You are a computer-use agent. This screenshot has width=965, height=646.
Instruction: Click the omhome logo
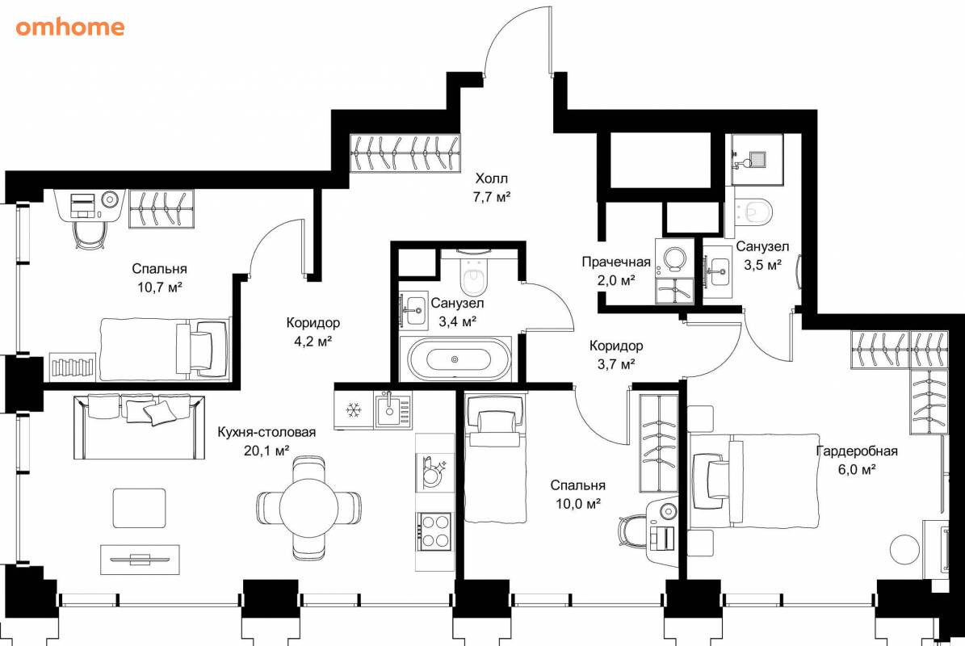pyautogui.click(x=70, y=27)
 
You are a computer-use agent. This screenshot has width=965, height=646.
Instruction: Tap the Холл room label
pyautogui.click(x=492, y=178)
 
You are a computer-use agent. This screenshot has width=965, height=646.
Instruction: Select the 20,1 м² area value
pyautogui.click(x=266, y=451)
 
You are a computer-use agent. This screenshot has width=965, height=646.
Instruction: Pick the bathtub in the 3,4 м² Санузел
pyautogui.click(x=455, y=359)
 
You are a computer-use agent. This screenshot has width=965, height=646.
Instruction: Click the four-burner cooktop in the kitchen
pyautogui.click(x=434, y=531)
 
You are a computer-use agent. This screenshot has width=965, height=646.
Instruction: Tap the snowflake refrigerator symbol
pyautogui.click(x=354, y=409)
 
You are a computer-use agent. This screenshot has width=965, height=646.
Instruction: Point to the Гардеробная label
pyautogui.click(x=857, y=451)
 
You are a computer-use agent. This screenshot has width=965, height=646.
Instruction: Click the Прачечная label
pyautogui.click(x=616, y=262)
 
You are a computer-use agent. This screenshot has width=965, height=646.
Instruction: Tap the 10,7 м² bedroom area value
pyautogui.click(x=159, y=287)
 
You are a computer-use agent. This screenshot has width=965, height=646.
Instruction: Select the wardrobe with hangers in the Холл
pyautogui.click(x=405, y=153)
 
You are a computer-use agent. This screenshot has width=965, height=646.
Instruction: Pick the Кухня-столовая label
pyautogui.click(x=266, y=433)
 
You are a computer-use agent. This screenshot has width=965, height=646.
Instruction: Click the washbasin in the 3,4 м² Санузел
pyautogui.click(x=413, y=308)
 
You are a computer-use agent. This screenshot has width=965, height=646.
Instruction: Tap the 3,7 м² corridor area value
pyautogui.click(x=616, y=364)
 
